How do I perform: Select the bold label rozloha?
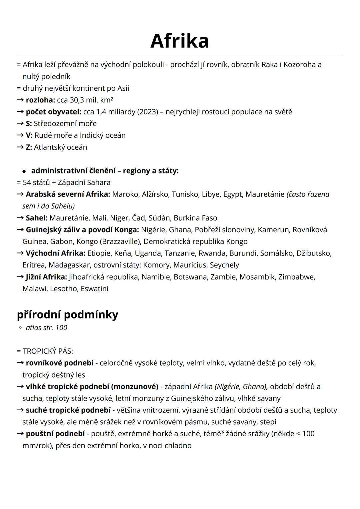tap(40, 100)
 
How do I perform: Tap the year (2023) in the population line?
tap(147, 112)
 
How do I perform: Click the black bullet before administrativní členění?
tap(24, 171)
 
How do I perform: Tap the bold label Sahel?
tap(37, 218)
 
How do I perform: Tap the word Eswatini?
tap(94, 289)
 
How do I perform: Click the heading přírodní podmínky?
tap(67, 315)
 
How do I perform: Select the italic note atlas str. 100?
tap(46, 328)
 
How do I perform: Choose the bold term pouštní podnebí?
tap(55, 434)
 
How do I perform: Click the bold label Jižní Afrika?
tap(46, 277)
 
